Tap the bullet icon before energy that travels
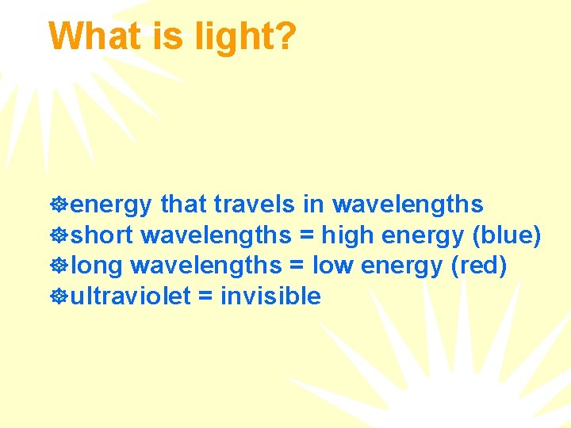pos(58,205)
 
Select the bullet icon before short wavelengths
pos(58,236)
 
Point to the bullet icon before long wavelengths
pos(58,266)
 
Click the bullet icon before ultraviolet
pos(58,297)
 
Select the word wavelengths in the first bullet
pos(408,205)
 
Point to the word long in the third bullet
pos(97,266)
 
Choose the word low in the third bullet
pos(333,266)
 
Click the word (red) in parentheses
pos(478,266)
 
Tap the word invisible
pos(270,296)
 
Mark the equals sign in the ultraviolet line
pos(205,297)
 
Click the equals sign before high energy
pos(305,236)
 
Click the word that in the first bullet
pos(183,204)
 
